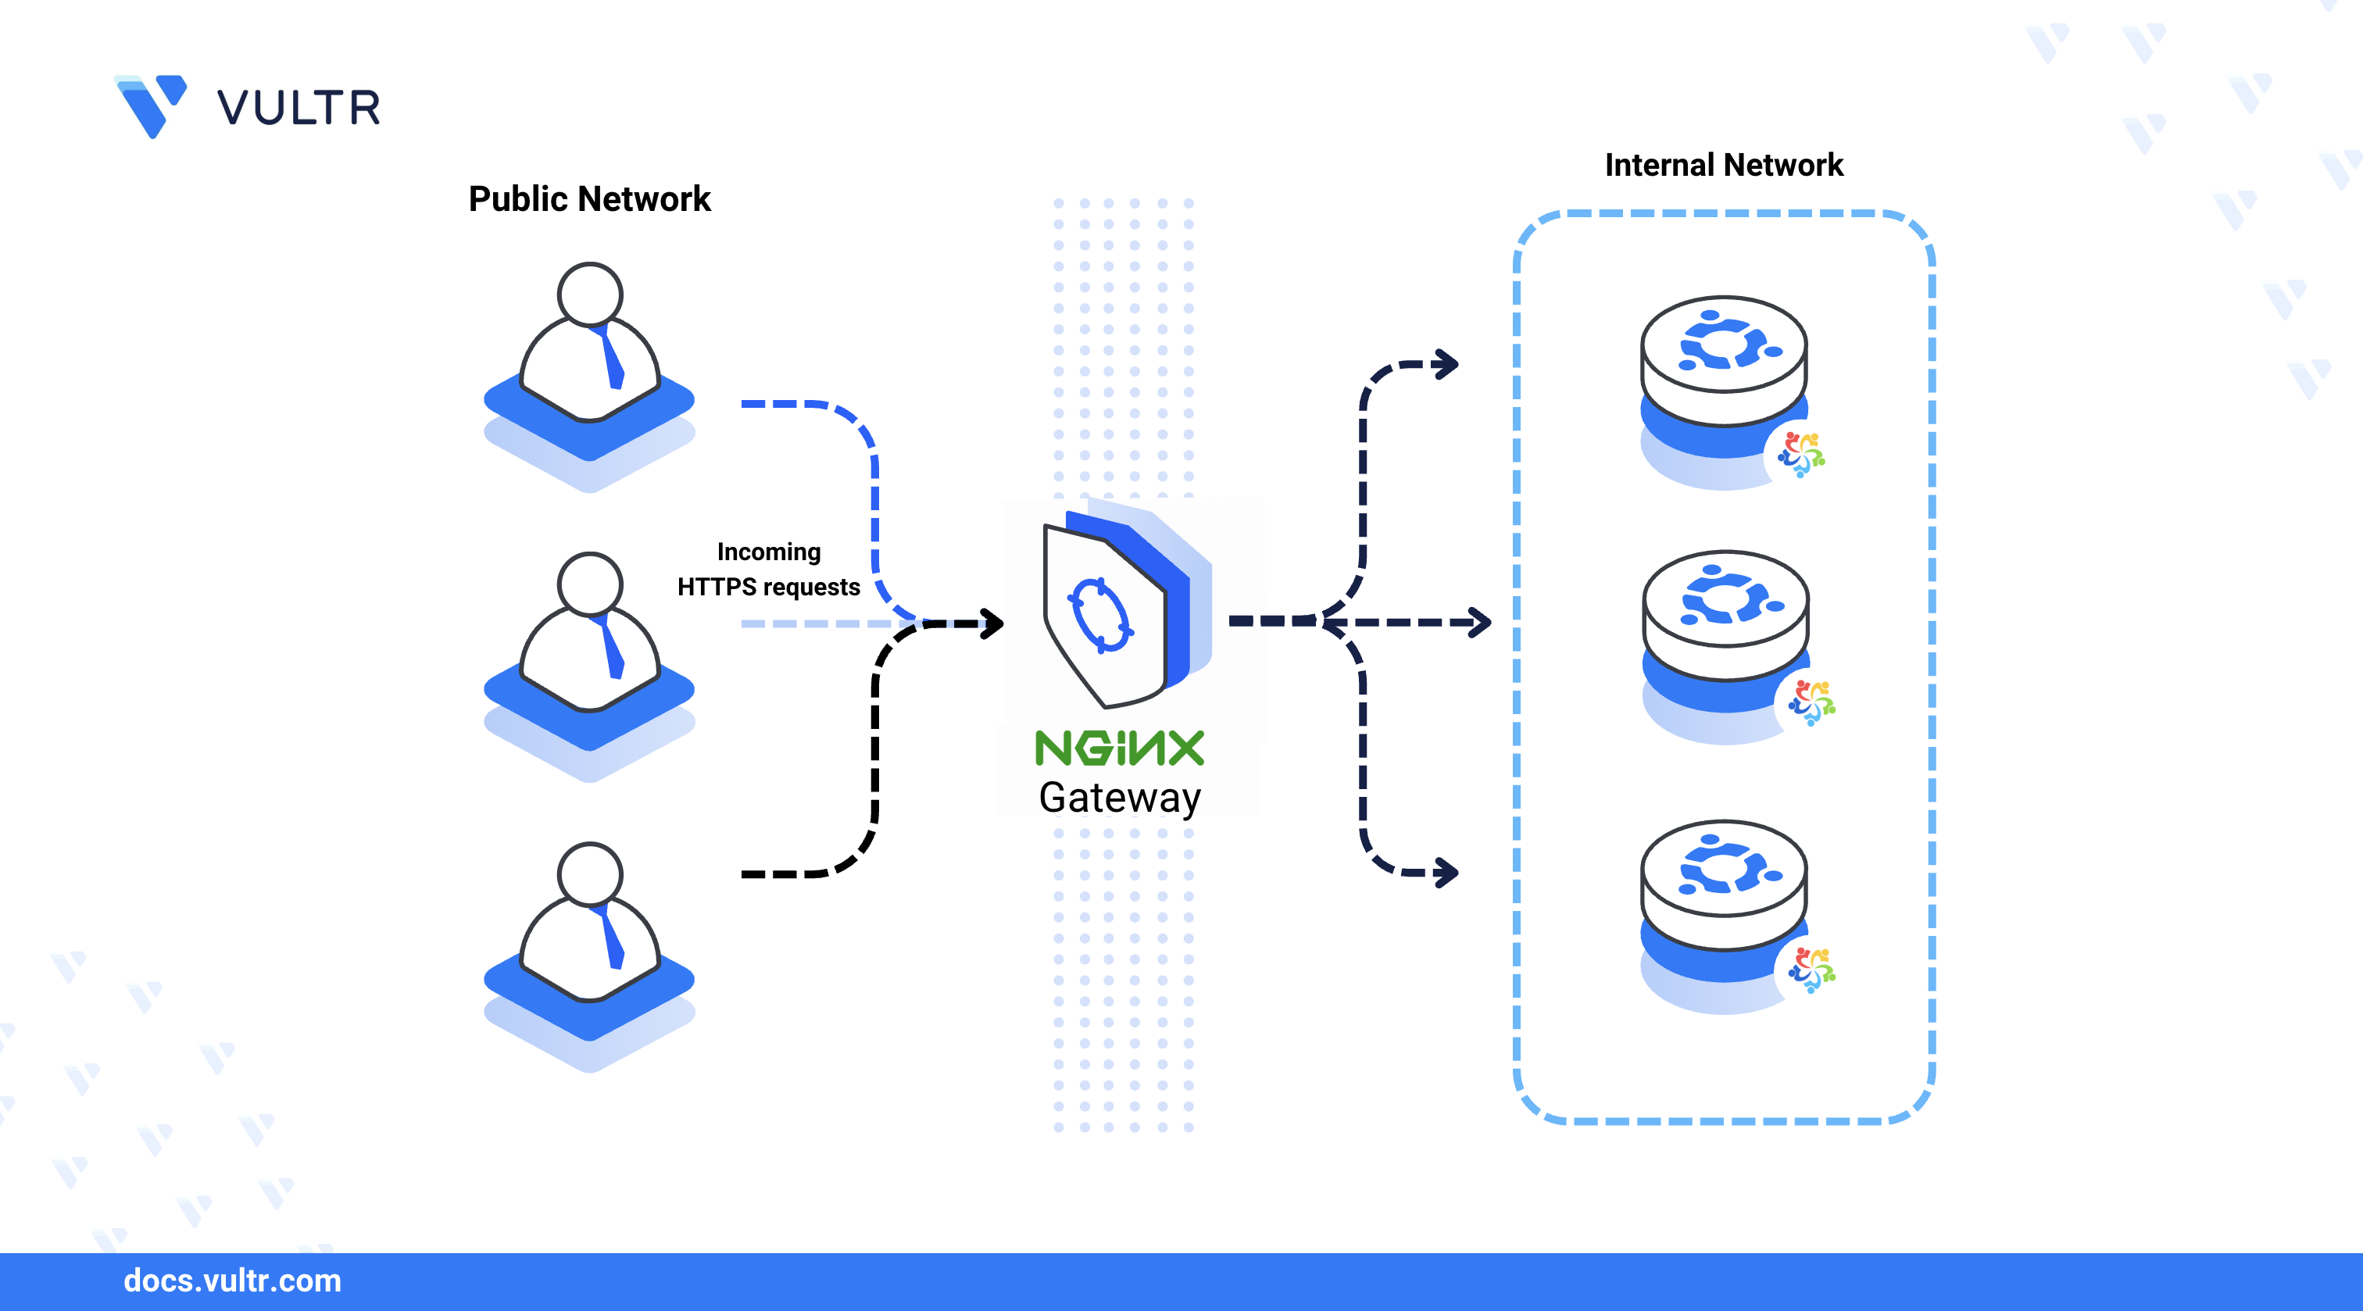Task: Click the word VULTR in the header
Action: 299,109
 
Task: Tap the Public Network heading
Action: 589,199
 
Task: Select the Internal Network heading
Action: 1723,165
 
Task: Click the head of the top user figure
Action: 590,294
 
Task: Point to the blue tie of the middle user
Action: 611,648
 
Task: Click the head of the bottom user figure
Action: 590,873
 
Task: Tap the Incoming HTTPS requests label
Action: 768,569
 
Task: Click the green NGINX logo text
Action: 1119,748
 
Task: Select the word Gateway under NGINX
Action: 1119,797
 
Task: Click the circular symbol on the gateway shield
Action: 1101,615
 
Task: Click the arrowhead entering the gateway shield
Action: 992,623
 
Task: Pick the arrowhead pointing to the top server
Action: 1447,364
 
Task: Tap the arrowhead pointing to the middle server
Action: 1480,622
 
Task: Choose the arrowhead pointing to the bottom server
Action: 1447,872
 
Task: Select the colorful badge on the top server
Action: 1800,454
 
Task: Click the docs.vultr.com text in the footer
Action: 232,1281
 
